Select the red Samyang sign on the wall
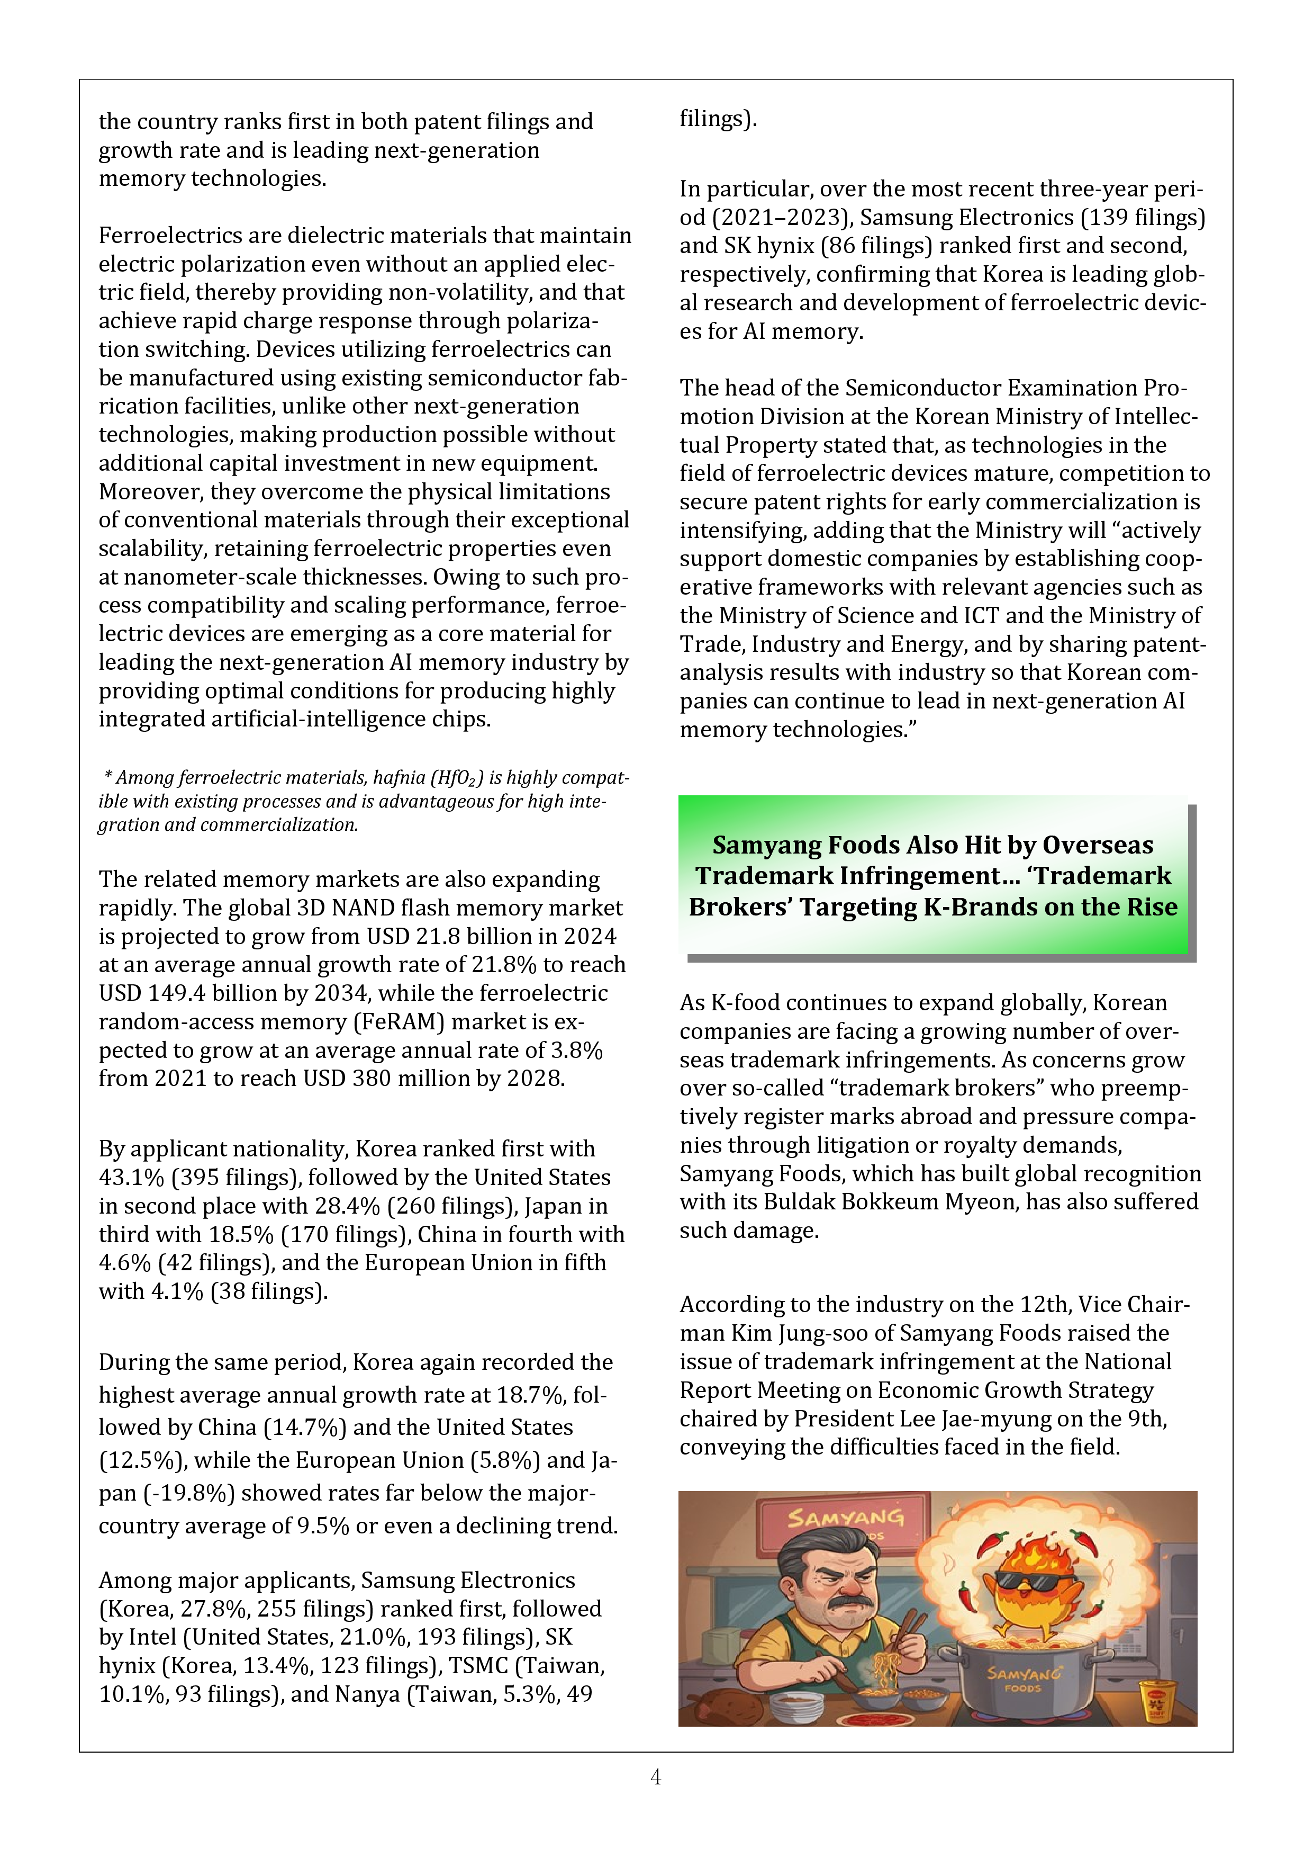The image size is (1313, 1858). tap(845, 1518)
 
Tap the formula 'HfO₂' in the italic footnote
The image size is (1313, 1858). tap(457, 778)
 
